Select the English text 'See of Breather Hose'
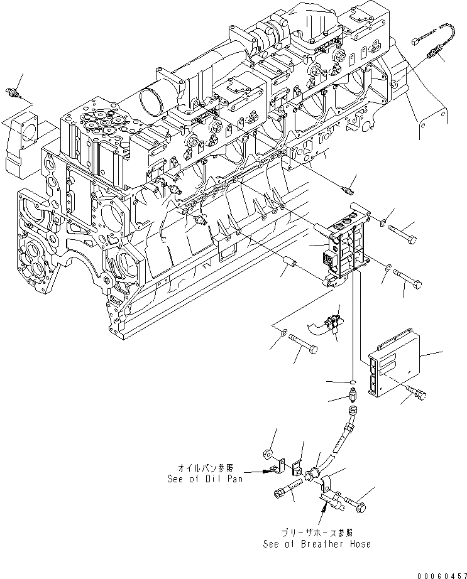pos(317,544)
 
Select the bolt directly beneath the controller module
pos(417,393)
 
